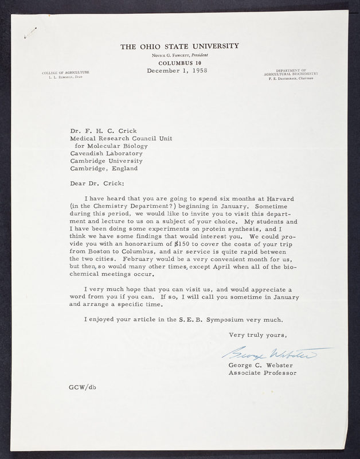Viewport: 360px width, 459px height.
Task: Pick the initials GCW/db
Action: [x=83, y=388]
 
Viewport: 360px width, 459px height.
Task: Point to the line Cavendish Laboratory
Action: [x=107, y=153]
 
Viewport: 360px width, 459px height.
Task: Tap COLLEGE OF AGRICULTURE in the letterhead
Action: [x=65, y=73]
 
